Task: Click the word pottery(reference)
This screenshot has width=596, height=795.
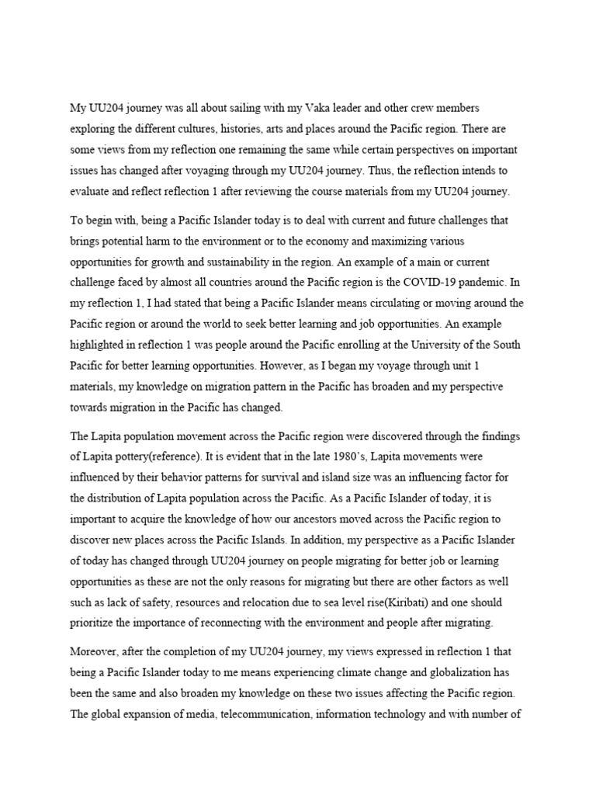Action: [x=176, y=456]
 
